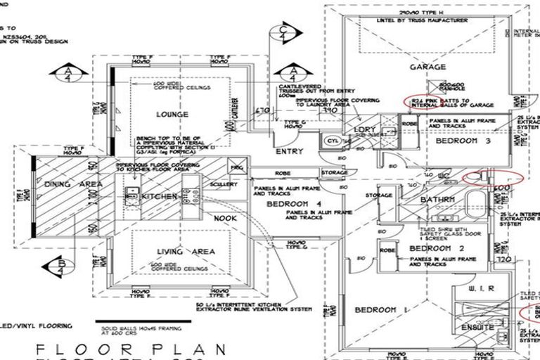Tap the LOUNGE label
[172, 114]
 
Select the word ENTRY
[289, 151]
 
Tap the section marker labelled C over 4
[283, 32]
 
